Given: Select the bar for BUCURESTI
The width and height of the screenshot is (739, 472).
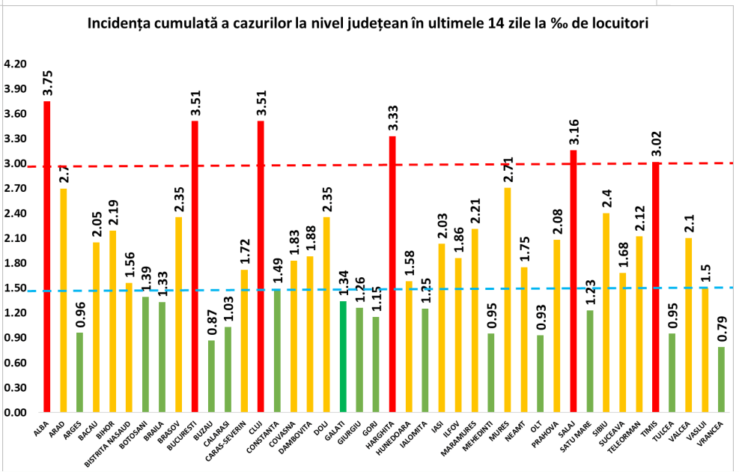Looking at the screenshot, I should click(x=195, y=266).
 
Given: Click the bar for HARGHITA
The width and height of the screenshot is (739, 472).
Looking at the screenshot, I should click(x=392, y=273).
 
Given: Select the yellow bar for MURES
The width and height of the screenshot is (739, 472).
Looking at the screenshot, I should click(x=508, y=300).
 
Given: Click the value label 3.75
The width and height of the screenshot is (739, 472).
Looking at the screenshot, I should click(x=47, y=81).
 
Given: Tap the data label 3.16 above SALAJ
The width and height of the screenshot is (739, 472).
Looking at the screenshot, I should click(x=573, y=131).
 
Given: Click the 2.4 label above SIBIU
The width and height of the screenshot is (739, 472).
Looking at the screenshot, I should click(x=606, y=199).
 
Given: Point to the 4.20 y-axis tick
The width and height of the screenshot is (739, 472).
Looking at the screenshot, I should click(x=15, y=64).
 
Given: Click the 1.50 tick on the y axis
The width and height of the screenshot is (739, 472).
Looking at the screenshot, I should click(x=15, y=288).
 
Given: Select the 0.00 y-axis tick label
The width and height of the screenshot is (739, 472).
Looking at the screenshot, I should click(x=15, y=413).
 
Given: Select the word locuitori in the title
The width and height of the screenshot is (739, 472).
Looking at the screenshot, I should click(x=615, y=23).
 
